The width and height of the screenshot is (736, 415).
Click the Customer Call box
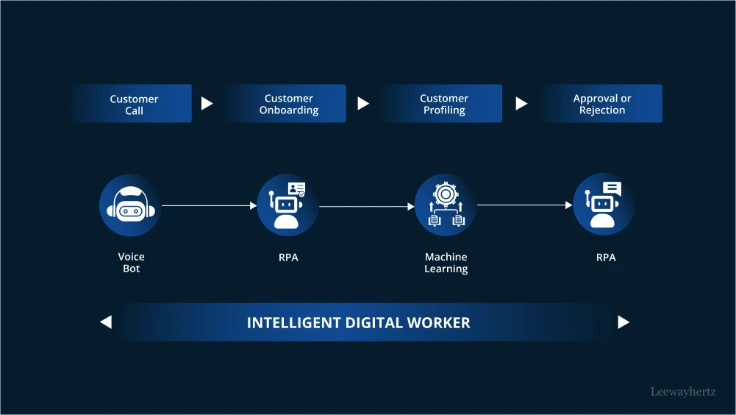point(133,104)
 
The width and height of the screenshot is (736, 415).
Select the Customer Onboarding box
point(288,104)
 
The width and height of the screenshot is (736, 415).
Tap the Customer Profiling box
point(443,104)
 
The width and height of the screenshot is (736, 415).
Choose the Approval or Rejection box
point(601,104)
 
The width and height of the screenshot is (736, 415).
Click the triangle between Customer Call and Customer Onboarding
point(207,104)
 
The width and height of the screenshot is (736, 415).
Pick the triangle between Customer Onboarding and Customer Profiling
point(363,104)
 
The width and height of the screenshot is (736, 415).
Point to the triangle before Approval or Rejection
point(521,104)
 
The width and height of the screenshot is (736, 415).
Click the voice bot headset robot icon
point(130,205)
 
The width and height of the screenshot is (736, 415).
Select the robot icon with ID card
point(287,205)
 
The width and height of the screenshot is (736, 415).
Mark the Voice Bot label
point(131,263)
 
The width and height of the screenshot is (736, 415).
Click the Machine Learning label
point(446,263)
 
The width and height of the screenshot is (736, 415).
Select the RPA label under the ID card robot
point(288,258)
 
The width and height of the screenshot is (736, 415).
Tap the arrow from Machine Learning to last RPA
point(524,205)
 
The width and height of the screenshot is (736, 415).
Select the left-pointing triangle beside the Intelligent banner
point(106,322)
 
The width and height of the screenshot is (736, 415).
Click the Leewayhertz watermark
point(683,392)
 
